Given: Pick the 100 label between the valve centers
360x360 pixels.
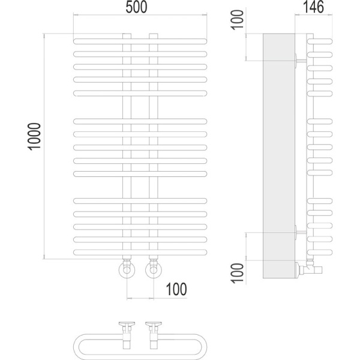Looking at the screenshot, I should tap(175, 289).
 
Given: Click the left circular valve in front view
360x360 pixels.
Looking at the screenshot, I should tap(127, 271).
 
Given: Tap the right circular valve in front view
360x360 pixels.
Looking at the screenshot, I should tap(153, 271).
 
